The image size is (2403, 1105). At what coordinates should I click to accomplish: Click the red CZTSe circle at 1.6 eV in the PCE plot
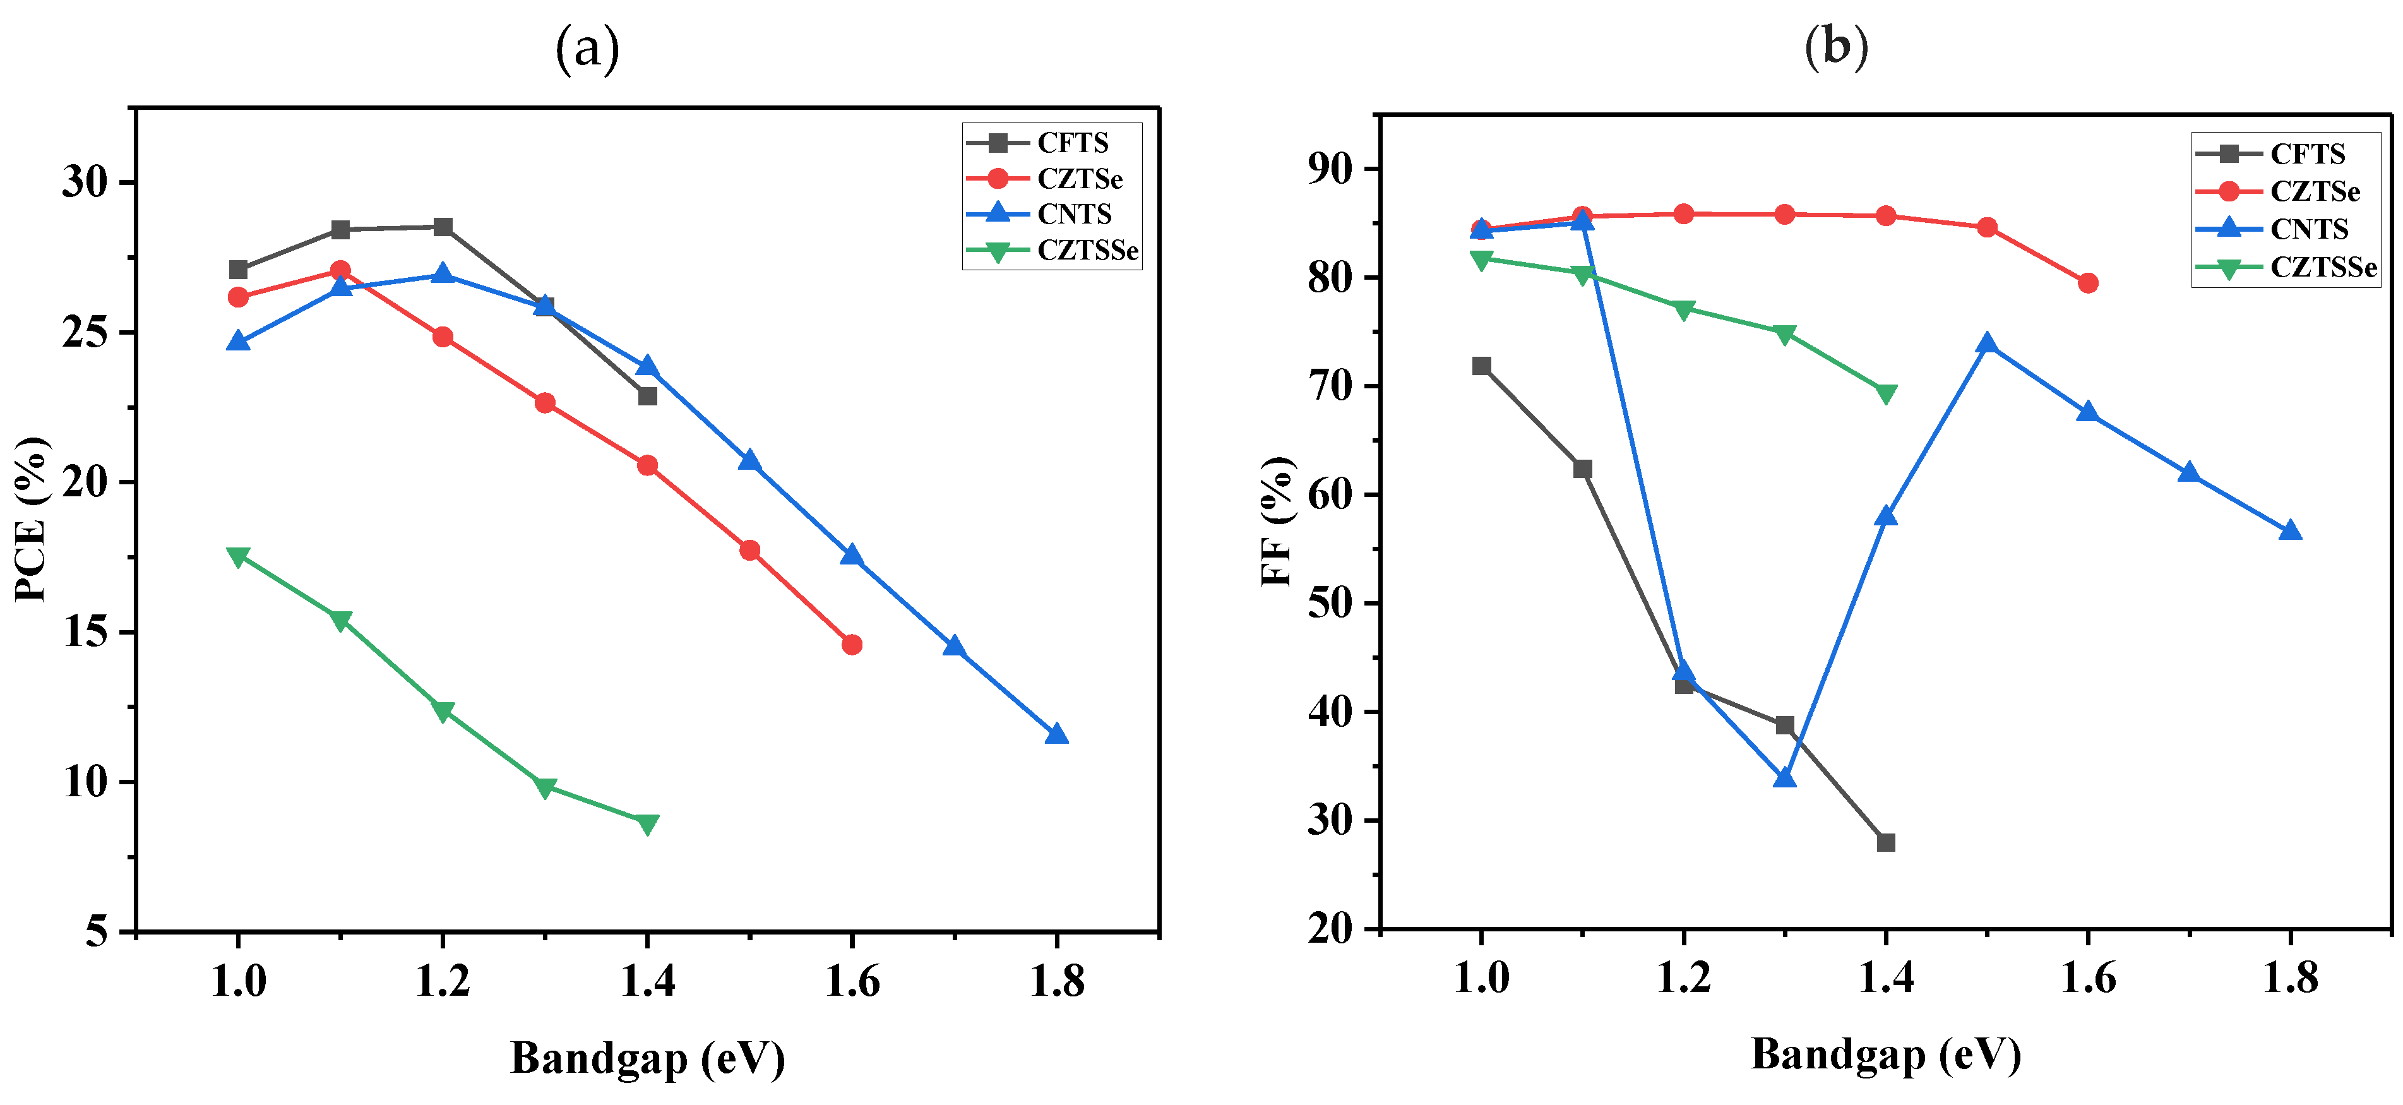[x=850, y=645]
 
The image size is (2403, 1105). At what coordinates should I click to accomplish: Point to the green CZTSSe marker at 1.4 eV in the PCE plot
[x=647, y=823]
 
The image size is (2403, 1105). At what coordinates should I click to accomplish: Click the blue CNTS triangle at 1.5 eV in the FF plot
[x=1987, y=344]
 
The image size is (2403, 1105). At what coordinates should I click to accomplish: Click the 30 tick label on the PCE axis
[x=86, y=182]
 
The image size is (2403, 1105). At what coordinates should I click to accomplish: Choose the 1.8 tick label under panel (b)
[x=2290, y=978]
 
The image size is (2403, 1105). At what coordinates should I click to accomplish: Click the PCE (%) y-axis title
[x=32, y=519]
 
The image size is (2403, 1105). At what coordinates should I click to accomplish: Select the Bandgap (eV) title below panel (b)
[x=1885, y=1054]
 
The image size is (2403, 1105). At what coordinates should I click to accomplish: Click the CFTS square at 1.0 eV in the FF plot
[x=1481, y=366]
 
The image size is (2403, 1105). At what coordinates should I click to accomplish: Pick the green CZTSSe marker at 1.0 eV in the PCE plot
[x=238, y=556]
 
